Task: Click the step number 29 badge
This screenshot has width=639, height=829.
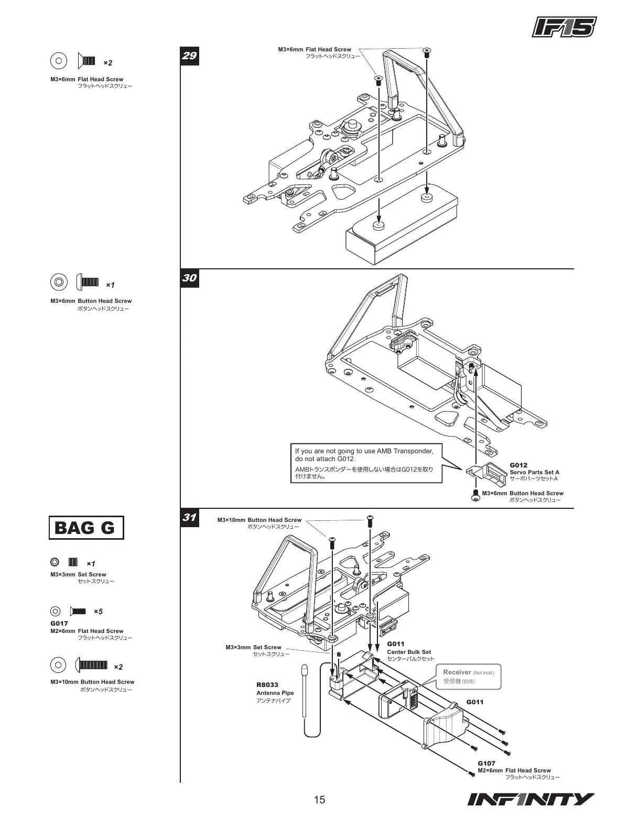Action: (189, 55)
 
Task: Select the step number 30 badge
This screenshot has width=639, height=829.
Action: (189, 278)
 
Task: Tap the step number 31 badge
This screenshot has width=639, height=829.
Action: (189, 518)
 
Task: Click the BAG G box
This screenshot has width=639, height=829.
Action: (86, 528)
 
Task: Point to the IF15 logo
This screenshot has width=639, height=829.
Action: (565, 28)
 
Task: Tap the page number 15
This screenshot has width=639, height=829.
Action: (319, 800)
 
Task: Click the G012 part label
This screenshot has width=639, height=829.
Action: (518, 465)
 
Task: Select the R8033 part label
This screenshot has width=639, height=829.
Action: (267, 685)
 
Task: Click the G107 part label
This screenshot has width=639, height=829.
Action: (486, 763)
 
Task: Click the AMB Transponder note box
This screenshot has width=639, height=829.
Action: (366, 463)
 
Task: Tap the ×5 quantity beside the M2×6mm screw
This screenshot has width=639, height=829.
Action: (98, 612)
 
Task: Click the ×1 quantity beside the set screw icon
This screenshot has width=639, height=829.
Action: (91, 564)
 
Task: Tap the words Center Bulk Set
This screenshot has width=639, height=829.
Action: (409, 652)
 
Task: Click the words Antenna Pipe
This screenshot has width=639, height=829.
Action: (275, 693)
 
